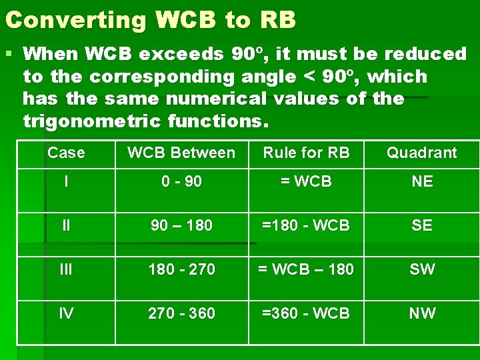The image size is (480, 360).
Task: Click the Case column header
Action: point(66,153)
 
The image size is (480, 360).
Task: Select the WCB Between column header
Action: point(181,153)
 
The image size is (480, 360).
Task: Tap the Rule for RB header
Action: point(306,153)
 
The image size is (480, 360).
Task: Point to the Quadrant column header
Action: point(422,153)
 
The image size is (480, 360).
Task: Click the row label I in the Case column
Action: point(66,181)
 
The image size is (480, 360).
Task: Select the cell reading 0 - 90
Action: point(181,181)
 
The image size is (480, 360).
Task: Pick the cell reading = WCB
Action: point(306,181)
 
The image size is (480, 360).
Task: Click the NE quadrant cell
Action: point(422,181)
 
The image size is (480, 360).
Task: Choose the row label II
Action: point(66,225)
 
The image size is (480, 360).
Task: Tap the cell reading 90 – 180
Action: point(181,225)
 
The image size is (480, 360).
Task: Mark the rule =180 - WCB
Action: point(306,225)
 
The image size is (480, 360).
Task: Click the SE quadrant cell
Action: point(422,225)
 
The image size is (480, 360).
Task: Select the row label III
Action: point(66,269)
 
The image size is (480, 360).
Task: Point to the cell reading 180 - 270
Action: point(181,269)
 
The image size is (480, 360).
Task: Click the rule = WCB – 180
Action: point(306,269)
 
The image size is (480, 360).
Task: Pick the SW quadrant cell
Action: point(422,269)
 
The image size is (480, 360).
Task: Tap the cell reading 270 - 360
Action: point(181,313)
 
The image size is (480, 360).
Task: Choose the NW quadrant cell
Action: point(422,313)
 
